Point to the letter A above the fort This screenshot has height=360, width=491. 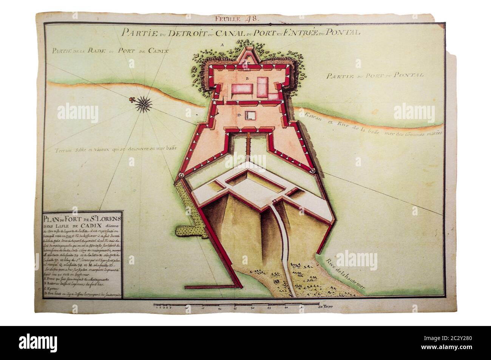(223, 45)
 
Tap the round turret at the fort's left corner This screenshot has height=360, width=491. (181, 175)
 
